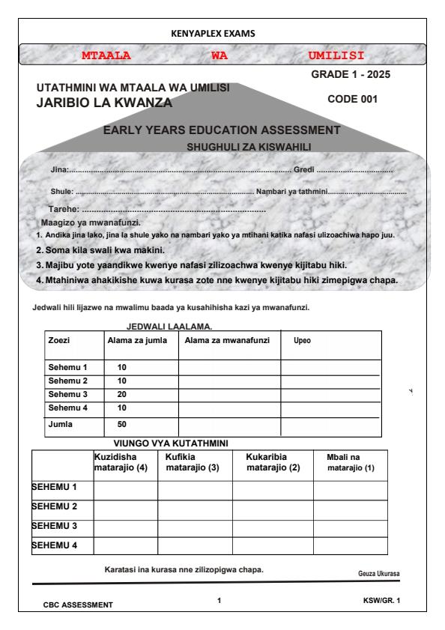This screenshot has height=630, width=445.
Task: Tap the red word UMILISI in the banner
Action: pos(336,55)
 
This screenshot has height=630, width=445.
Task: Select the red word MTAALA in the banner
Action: pos(106,55)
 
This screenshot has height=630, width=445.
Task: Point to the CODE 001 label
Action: pos(354,99)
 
